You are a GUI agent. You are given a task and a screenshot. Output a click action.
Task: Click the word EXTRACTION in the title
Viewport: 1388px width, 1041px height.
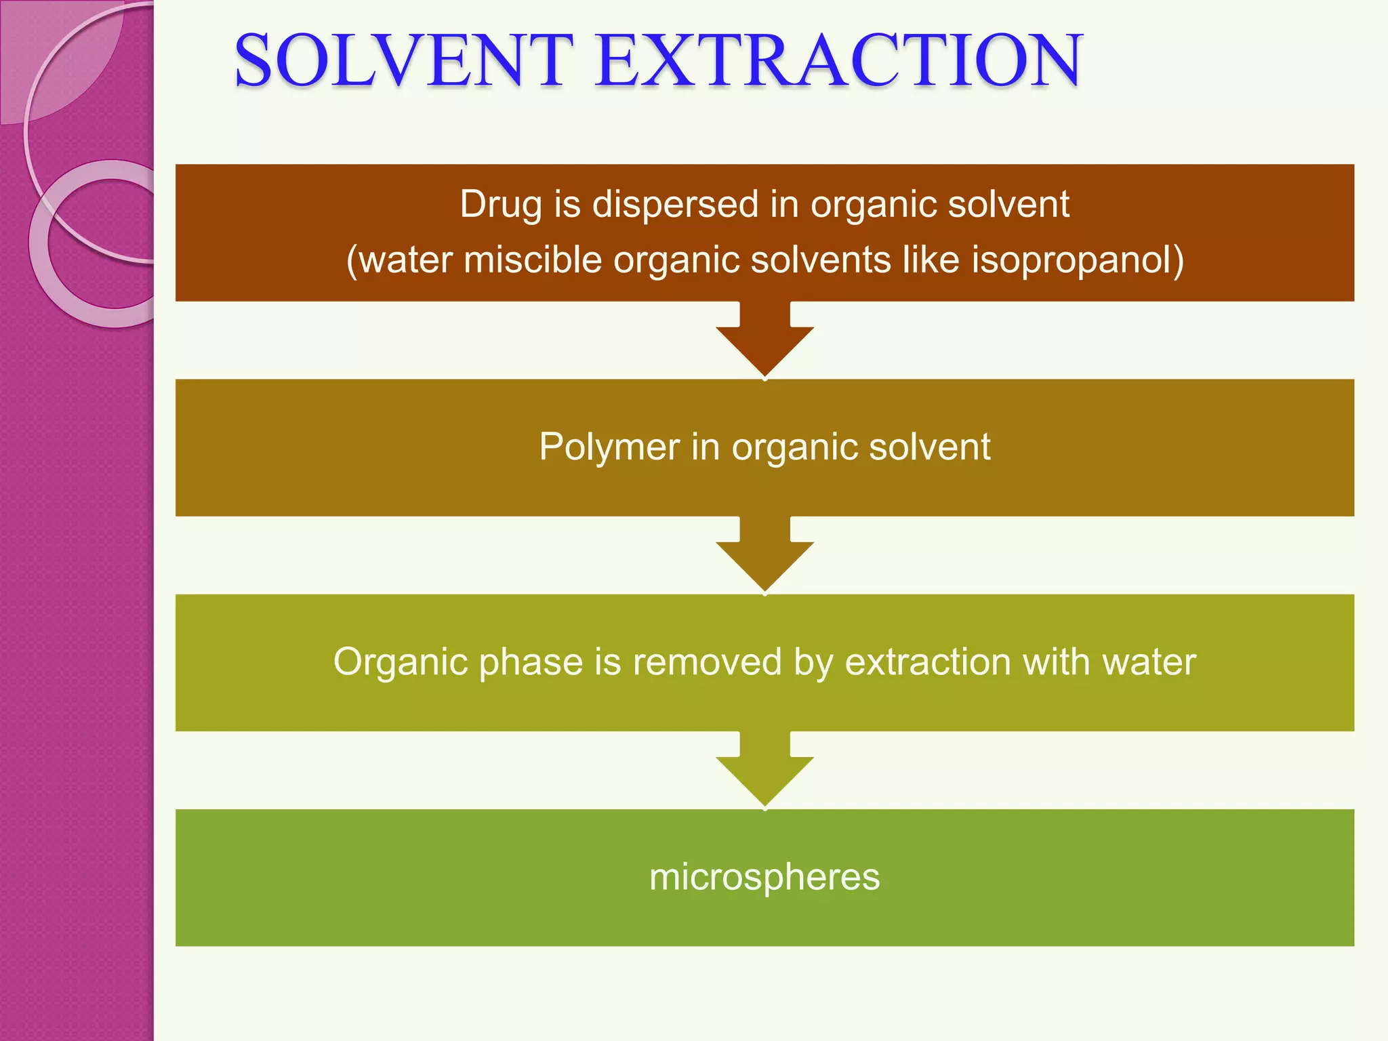coord(839,62)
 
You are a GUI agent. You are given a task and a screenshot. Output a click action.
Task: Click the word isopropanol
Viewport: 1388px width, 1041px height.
coord(1078,260)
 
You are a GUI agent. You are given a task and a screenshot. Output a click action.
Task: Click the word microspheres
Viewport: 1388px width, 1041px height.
coord(764,877)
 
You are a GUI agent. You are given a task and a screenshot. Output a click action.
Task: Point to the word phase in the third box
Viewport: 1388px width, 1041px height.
coord(531,662)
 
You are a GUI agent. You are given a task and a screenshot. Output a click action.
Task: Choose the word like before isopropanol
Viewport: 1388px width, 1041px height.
coord(931,260)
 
